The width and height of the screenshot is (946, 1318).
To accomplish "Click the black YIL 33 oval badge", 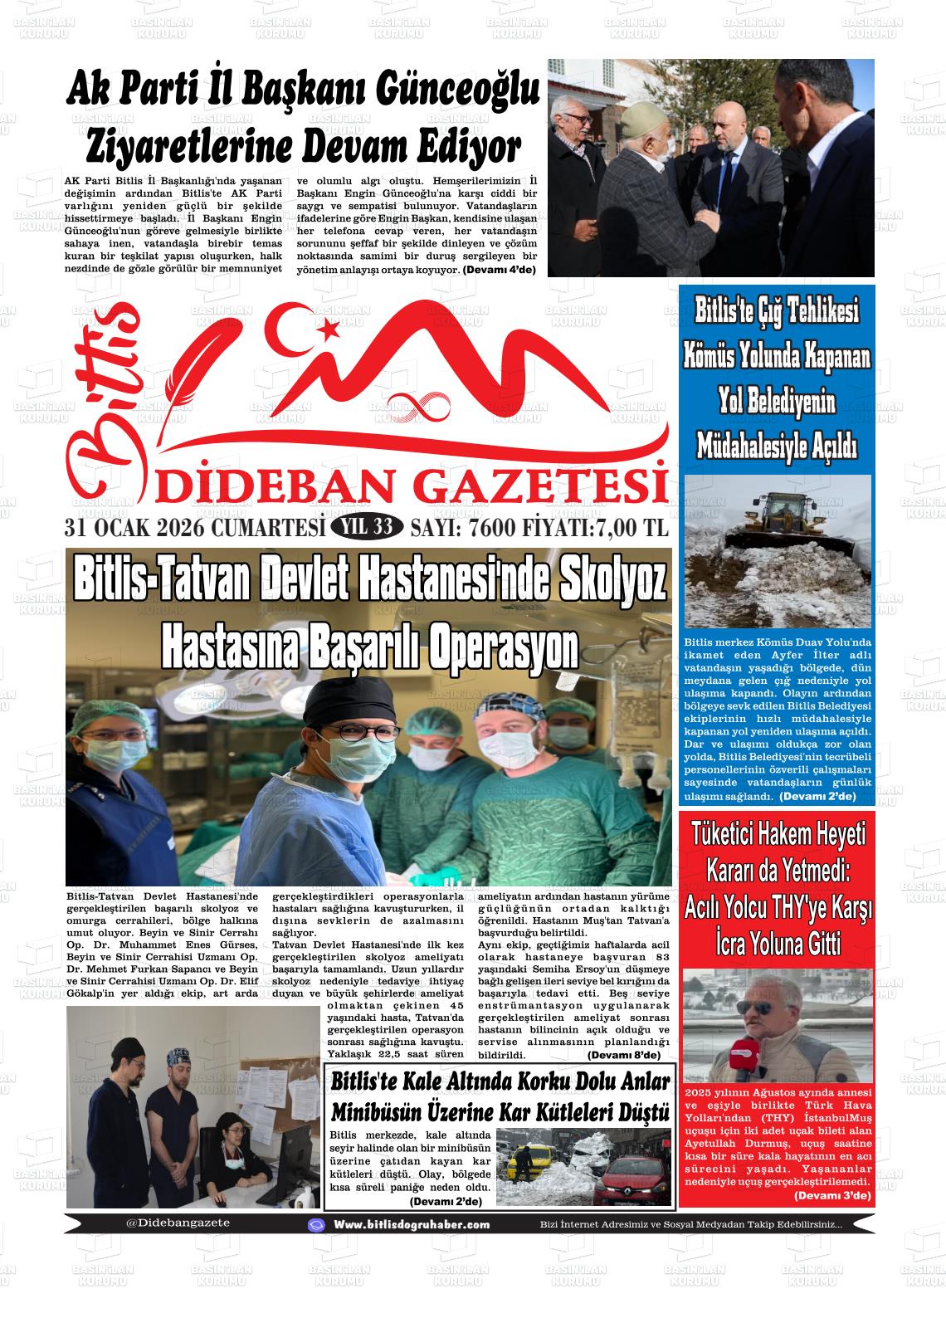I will pos(367,527).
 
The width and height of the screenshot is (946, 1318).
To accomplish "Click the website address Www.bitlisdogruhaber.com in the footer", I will pos(412,1225).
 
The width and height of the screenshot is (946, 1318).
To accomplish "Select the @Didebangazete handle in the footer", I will pos(178,1223).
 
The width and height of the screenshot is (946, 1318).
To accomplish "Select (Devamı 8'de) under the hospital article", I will pos(623,1055).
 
